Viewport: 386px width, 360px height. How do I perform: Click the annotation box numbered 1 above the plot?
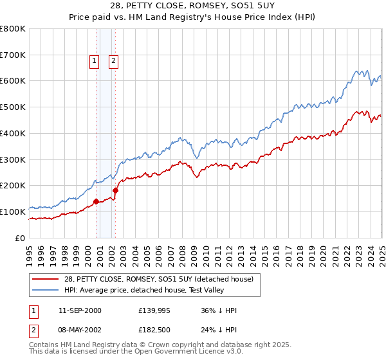click(x=94, y=61)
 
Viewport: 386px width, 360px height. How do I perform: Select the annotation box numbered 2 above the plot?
click(x=113, y=61)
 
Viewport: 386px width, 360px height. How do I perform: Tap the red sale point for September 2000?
click(x=96, y=201)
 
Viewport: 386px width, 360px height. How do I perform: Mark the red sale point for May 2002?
click(x=116, y=190)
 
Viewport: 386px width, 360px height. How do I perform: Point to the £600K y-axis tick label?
click(x=13, y=81)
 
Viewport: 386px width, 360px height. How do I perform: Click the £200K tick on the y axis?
click(x=13, y=185)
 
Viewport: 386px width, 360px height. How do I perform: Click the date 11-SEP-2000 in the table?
click(x=80, y=310)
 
